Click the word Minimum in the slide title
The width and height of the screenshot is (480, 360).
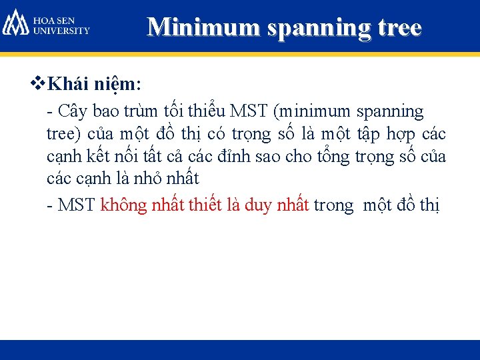click(x=191, y=27)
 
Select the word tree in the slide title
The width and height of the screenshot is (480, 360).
click(x=397, y=27)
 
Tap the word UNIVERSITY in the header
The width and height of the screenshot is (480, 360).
click(x=61, y=30)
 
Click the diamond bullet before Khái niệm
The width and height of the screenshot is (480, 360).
click(x=37, y=85)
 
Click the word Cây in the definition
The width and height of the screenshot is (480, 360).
click(x=76, y=111)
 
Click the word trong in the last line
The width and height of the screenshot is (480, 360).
click(x=333, y=205)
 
